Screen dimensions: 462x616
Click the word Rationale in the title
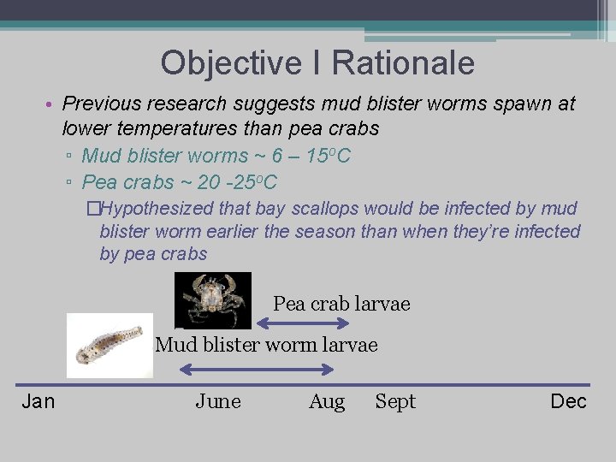tap(403, 63)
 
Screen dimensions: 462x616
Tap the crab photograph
tap(213, 299)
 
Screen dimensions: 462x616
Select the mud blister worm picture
tap(110, 346)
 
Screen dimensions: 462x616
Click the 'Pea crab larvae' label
tap(341, 304)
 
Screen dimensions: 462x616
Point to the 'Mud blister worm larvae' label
tap(266, 345)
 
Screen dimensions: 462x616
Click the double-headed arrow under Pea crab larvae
tap(304, 323)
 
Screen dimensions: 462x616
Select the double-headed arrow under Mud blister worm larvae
tap(257, 369)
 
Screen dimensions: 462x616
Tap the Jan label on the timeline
tap(38, 401)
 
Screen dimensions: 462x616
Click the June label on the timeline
tap(218, 401)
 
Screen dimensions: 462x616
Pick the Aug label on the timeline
tap(327, 401)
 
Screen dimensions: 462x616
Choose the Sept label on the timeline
tap(395, 401)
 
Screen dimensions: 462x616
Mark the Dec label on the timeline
tap(568, 401)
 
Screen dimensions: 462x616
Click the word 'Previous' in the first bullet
tap(101, 104)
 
